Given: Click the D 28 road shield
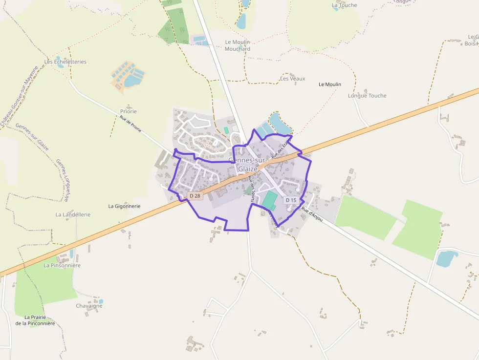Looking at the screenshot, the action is tap(195, 196).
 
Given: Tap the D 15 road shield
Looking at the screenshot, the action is tap(291, 200).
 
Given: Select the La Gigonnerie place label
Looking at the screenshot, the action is tap(124, 206).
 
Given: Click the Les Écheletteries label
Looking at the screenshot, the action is tap(65, 62).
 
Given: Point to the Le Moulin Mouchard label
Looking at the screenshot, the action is tap(238, 45).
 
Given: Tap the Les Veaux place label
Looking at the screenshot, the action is tap(292, 79).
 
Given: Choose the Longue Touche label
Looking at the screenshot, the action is tap(367, 96).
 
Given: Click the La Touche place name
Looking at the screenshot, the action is tap(345, 5).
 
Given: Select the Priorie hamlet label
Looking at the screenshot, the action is tap(129, 111).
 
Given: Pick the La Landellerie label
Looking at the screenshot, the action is tap(73, 214).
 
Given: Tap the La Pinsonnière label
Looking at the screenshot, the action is tap(62, 265).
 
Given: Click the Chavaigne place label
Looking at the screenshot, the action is tap(89, 306).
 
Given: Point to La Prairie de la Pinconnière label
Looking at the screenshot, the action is tap(35, 320).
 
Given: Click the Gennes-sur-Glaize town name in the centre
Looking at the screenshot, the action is tap(248, 165).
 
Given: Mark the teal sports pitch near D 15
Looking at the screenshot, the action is tap(269, 200).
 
